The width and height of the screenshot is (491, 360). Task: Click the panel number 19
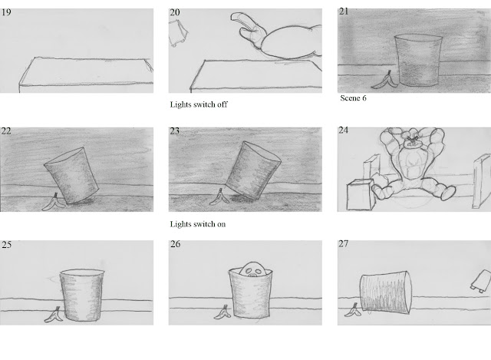6,12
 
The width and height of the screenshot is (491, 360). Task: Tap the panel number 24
344,130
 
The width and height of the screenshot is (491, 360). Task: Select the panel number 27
344,244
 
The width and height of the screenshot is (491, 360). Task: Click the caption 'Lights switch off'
199,104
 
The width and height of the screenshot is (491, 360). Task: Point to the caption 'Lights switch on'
198,224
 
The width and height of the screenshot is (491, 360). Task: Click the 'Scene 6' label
353,98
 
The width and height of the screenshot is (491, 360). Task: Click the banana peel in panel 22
54,203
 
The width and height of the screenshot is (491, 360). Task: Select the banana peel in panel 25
54,315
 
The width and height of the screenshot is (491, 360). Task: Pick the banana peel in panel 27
353,311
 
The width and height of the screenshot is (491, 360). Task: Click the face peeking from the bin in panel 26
254,269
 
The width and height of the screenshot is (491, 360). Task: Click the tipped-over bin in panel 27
386,292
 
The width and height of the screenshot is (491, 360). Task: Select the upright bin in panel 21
418,61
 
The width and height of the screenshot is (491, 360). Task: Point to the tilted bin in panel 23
253,170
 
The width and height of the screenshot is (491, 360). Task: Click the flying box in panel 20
178,33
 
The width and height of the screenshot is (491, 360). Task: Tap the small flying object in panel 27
481,282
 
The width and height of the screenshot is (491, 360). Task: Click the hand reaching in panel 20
249,31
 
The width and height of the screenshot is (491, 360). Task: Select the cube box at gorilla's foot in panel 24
360,194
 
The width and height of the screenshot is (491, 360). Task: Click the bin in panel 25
82,296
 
